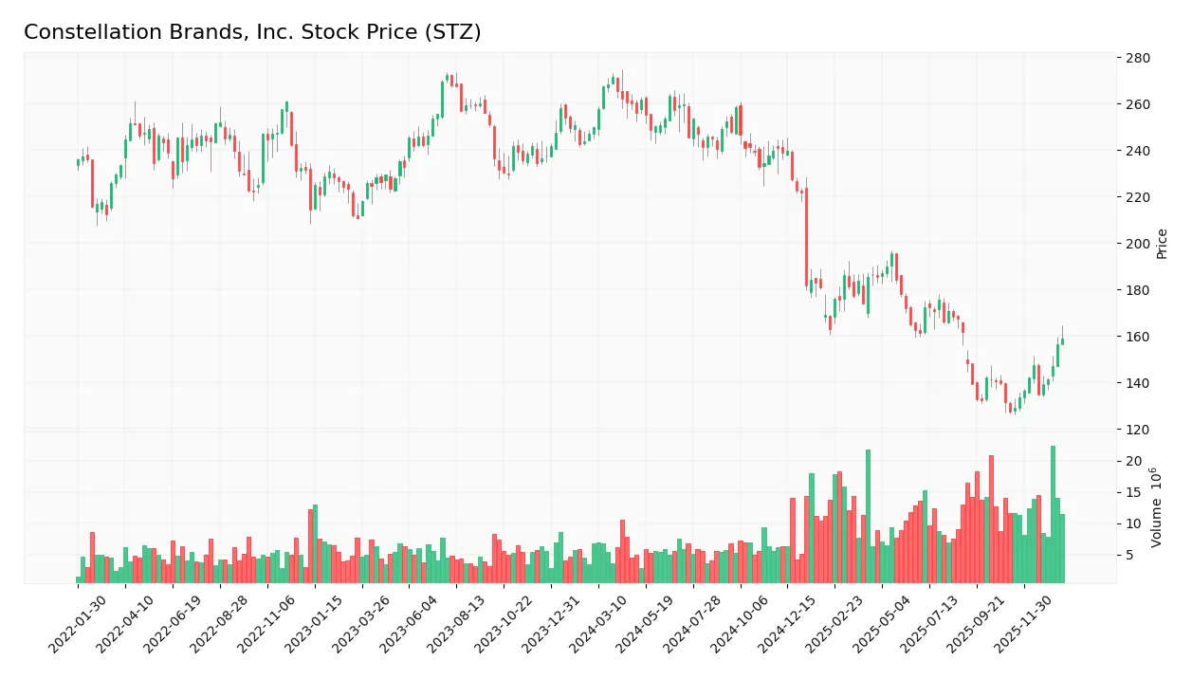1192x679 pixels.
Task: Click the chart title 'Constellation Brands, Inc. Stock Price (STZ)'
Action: [252, 32]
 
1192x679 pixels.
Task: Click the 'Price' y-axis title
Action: [1162, 244]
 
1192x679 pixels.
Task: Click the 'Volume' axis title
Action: [1157, 507]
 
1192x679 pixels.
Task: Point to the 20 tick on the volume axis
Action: [1133, 462]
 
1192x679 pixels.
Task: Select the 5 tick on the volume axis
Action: [1129, 555]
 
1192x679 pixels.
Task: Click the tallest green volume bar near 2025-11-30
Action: [1053, 514]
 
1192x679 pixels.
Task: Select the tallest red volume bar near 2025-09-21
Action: [991, 519]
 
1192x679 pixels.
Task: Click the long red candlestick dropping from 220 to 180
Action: [807, 237]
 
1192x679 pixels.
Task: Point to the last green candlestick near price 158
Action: [1062, 341]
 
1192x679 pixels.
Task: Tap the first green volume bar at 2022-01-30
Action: [79, 579]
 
